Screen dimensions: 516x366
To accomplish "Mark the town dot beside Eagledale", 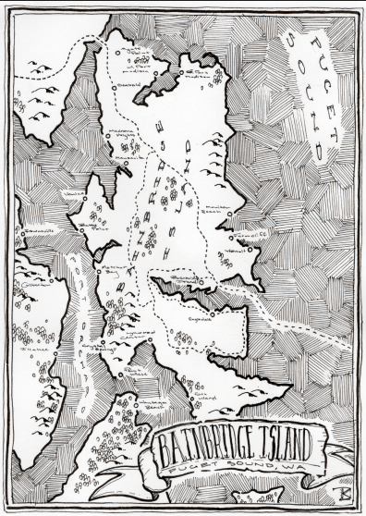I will click(213, 313).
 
